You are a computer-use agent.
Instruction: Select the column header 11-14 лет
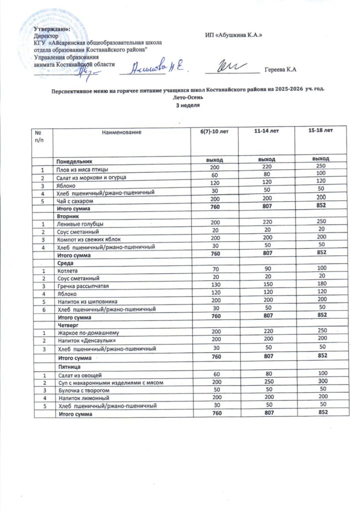click(266, 131)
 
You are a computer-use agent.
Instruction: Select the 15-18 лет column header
click(322, 131)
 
